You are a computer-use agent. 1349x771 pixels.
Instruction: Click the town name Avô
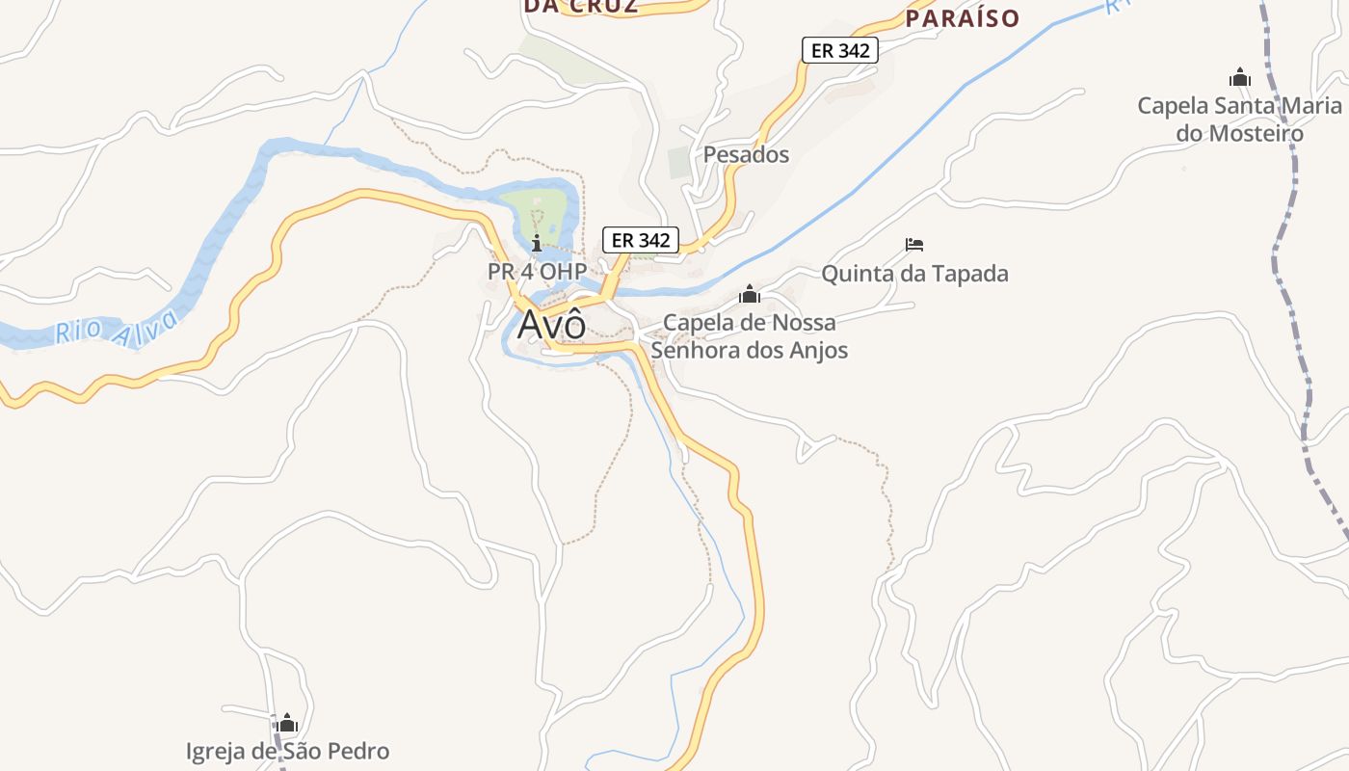[551, 325]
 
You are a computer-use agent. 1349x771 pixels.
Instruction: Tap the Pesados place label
[746, 154]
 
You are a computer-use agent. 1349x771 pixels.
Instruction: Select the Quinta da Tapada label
[914, 274]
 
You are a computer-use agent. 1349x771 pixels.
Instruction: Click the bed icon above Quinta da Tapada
[914, 245]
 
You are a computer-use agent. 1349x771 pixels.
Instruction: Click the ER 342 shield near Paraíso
[840, 51]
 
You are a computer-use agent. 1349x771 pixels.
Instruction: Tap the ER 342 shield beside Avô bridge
[641, 240]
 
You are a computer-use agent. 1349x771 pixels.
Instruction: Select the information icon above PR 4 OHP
[537, 243]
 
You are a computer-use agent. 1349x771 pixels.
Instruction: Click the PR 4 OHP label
[537, 272]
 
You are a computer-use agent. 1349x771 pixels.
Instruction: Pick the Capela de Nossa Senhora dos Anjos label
[750, 335]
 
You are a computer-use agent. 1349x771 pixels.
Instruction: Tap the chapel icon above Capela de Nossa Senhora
[750, 294]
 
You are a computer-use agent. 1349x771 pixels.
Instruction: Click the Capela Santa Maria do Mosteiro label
[1239, 120]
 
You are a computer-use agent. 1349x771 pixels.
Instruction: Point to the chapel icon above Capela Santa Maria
[1239, 77]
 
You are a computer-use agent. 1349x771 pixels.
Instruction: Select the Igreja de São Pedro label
[287, 751]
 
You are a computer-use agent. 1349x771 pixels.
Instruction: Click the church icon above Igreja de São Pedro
[287, 723]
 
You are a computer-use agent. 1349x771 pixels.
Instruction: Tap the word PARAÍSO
[963, 18]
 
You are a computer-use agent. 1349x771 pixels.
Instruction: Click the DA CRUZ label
[581, 6]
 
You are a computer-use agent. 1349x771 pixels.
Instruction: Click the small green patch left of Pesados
[680, 162]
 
